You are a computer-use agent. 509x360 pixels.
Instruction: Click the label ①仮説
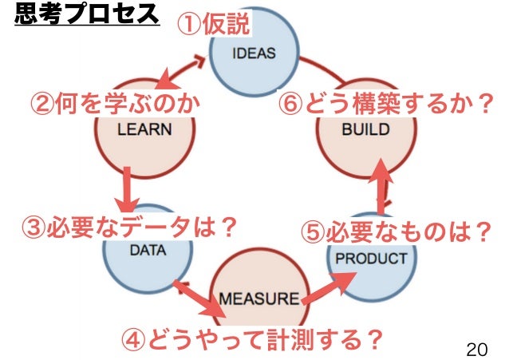[x=213, y=25]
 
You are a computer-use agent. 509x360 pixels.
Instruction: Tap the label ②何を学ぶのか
[x=114, y=104]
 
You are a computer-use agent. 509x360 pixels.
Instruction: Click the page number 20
[x=475, y=349]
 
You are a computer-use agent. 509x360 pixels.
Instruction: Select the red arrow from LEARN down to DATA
[x=127, y=188]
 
